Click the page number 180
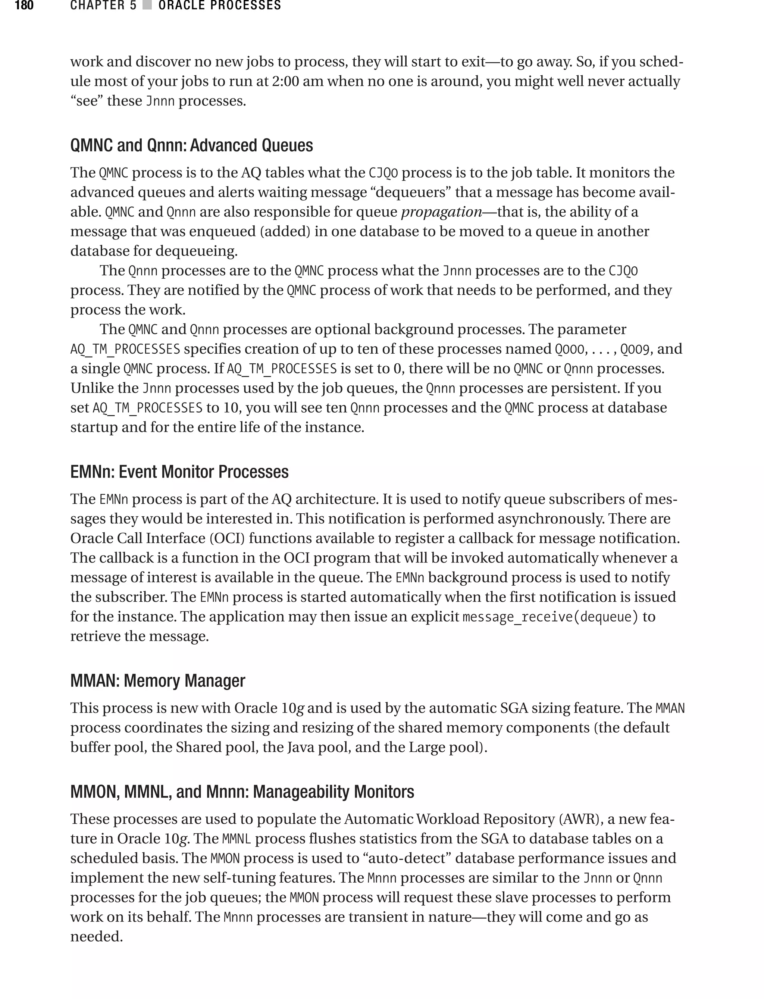pos(24,6)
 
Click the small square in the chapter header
pos(147,6)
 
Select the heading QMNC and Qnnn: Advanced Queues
pos(191,145)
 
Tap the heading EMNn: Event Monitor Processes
pos(179,472)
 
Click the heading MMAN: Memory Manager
pos(157,681)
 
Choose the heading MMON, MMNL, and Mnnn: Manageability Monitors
pos(242,792)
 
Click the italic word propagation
pos(441,212)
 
